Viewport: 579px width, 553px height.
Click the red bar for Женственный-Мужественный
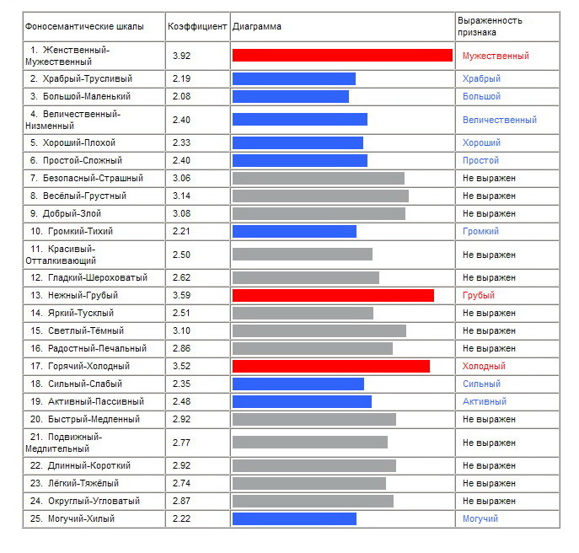coord(342,56)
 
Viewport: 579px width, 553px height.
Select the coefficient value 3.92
coord(182,56)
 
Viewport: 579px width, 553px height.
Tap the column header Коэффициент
coord(197,26)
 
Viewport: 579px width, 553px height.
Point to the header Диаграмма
coord(257,26)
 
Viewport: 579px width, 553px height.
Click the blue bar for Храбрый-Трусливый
coord(294,78)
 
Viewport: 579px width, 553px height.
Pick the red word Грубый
coord(478,295)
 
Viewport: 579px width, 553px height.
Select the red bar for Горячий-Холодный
coord(331,366)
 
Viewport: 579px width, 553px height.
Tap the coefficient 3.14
coord(182,196)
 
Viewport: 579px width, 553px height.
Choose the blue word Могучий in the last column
coord(480,518)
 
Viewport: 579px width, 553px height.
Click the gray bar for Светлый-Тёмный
coord(319,330)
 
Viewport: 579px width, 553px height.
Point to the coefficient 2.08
coord(182,96)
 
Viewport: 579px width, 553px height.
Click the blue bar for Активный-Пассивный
coord(302,401)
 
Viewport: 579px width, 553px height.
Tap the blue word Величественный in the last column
coord(500,120)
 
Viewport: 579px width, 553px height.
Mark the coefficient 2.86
coord(182,348)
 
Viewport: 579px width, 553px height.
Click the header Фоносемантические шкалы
coord(84,26)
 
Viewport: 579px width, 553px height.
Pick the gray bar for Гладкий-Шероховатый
coord(306,277)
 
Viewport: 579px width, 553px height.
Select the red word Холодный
coord(484,366)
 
